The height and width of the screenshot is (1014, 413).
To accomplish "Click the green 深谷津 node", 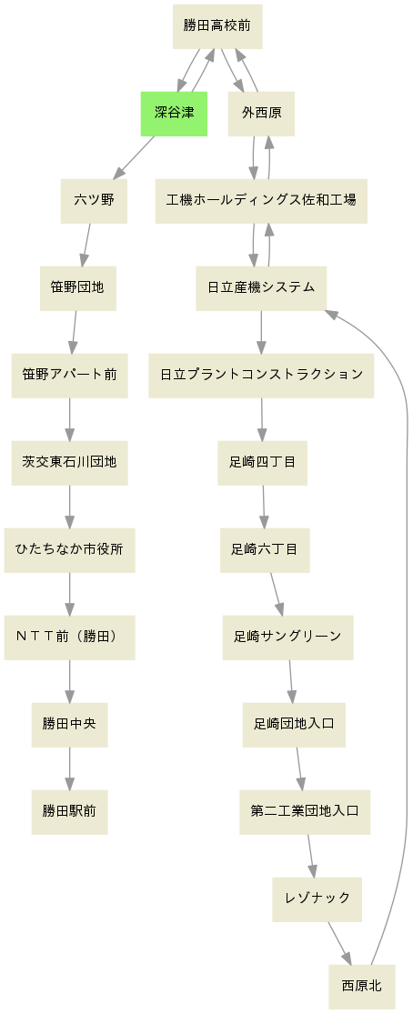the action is pos(174,113).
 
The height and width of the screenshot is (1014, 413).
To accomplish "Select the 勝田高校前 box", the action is pos(217,25).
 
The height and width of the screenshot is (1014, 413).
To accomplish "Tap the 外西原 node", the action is pos(261,113).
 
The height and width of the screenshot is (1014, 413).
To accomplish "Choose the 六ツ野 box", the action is pos(94,200).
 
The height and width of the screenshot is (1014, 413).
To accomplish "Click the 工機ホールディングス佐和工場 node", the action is pos(261,200).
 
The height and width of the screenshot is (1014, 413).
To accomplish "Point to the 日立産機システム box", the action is pos(261,287).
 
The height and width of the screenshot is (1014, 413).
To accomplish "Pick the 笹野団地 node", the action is pos(77,287).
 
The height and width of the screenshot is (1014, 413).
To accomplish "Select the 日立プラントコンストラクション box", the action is pos(261,375).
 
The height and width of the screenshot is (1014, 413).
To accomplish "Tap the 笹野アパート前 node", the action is pos(69,375).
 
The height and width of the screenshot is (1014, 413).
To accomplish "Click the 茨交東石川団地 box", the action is pos(69,462).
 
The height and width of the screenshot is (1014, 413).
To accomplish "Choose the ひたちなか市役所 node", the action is pos(69,549).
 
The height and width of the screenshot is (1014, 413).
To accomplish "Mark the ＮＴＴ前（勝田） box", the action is pos(69,637).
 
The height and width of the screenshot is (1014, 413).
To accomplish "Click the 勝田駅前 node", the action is pos(69,811).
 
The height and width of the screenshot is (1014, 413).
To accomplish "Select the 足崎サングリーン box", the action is pos(287,637).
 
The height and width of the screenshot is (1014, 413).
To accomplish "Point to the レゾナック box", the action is pos(317,899).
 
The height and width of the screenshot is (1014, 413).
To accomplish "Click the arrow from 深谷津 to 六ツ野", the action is pos(134,158).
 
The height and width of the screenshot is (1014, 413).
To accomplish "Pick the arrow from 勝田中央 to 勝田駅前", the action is pos(69,768).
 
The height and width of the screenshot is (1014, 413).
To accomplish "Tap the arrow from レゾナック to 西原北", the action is pos(339,943).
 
